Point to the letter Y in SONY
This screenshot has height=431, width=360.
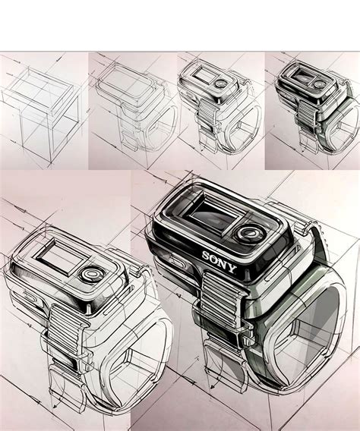pyautogui.click(x=232, y=268)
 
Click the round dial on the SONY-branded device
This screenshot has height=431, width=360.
pyautogui.click(x=247, y=234)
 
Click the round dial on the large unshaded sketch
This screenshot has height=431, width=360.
pyautogui.click(x=93, y=273)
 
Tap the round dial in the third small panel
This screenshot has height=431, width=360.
pyautogui.click(x=219, y=84)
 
